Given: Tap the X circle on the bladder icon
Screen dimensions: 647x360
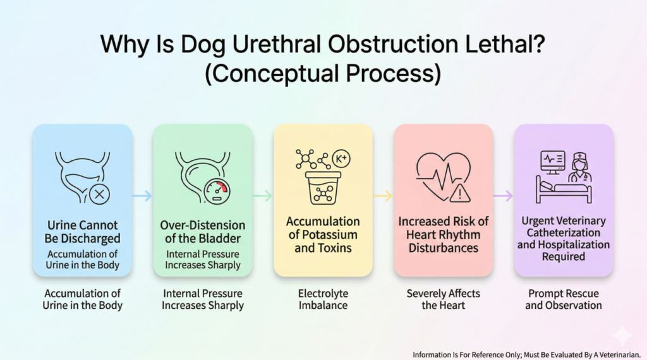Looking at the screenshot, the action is tap(99, 195).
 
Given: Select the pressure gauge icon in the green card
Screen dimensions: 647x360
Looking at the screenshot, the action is tap(217, 191).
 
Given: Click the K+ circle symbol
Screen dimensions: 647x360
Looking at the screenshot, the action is tap(341, 159).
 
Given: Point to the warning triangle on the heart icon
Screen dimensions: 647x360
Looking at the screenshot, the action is tap(460, 193).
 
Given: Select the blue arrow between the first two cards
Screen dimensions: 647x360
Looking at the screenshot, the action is tap(142, 195).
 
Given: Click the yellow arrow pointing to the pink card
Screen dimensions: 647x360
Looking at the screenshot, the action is tap(383, 195).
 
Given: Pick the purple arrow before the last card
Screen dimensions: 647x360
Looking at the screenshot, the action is tap(504, 195).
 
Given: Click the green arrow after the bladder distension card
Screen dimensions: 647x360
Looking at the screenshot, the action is tap(262, 195).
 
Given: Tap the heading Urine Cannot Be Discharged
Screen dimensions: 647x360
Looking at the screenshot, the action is tap(83, 232).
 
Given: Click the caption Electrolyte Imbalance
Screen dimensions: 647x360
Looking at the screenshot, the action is tap(323, 299).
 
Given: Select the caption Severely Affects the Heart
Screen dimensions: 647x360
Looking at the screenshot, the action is tap(443, 299).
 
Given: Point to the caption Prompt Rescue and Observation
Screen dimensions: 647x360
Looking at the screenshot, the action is tap(563, 299).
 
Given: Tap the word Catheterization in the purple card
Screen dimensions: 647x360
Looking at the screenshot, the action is tap(563, 232).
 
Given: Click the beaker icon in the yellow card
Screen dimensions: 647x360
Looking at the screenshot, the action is tap(323, 188).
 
